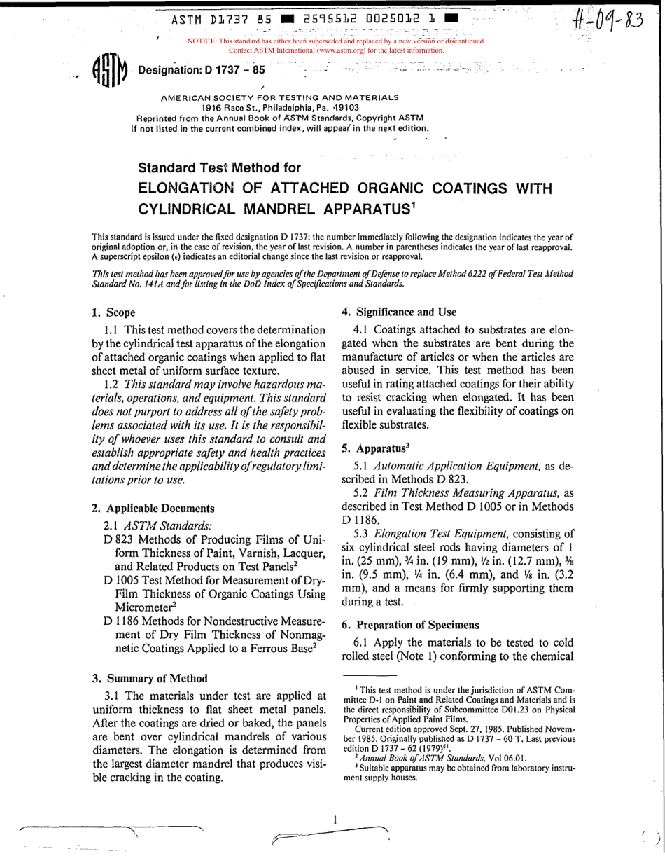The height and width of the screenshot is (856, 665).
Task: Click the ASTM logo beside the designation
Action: pyautogui.click(x=109, y=71)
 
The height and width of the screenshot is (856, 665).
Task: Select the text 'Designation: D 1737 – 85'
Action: pyautogui.click(x=202, y=70)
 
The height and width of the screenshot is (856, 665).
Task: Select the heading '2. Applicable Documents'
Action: pyautogui.click(x=153, y=509)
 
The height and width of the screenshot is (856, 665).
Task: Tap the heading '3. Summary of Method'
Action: pyautogui.click(x=150, y=678)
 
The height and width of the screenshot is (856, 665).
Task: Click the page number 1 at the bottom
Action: pyautogui.click(x=335, y=819)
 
